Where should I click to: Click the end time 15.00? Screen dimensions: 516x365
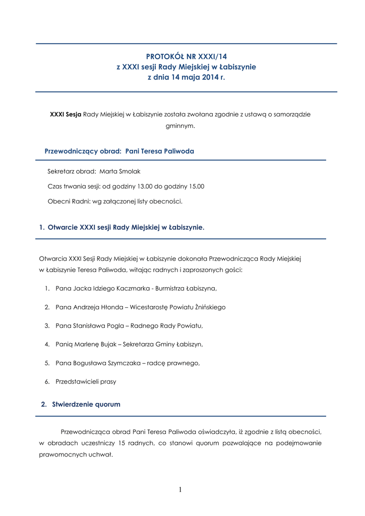196,186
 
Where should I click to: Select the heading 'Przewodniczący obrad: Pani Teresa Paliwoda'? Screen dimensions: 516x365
119,151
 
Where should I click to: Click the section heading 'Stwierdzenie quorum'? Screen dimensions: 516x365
86,405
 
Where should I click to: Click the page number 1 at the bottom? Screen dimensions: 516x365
180,489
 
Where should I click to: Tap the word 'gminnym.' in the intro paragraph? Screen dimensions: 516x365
180,126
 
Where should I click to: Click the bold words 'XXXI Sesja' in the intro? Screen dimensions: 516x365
66,114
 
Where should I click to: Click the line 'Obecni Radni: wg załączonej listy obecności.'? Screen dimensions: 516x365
114,202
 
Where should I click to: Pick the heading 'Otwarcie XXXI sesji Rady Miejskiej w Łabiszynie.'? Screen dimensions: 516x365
126,228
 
